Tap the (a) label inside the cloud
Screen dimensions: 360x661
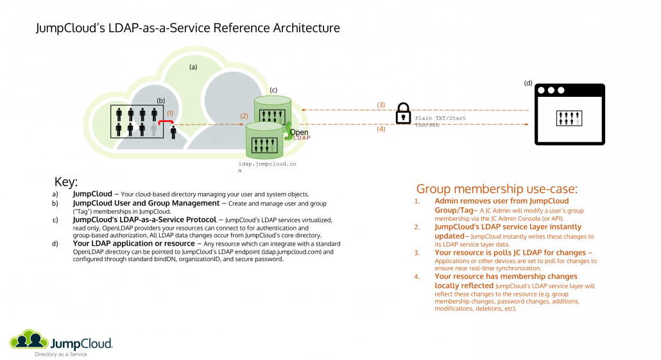pyautogui.click(x=193, y=66)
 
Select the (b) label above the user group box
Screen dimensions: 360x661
pyautogui.click(x=161, y=100)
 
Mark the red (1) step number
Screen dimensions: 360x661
pyautogui.click(x=170, y=113)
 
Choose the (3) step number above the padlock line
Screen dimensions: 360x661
pyautogui.click(x=381, y=105)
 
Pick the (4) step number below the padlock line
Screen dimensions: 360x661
pyautogui.click(x=381, y=130)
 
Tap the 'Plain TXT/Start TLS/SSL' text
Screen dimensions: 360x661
pyautogui.click(x=440, y=122)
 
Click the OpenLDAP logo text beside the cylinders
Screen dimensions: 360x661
pyautogui.click(x=299, y=135)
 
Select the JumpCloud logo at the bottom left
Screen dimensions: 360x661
pyautogui.click(x=62, y=341)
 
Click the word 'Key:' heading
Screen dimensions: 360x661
pyautogui.click(x=66, y=182)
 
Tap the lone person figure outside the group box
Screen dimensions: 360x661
pyautogui.click(x=174, y=132)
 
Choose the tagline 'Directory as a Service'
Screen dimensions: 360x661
pyautogui.click(x=61, y=354)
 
